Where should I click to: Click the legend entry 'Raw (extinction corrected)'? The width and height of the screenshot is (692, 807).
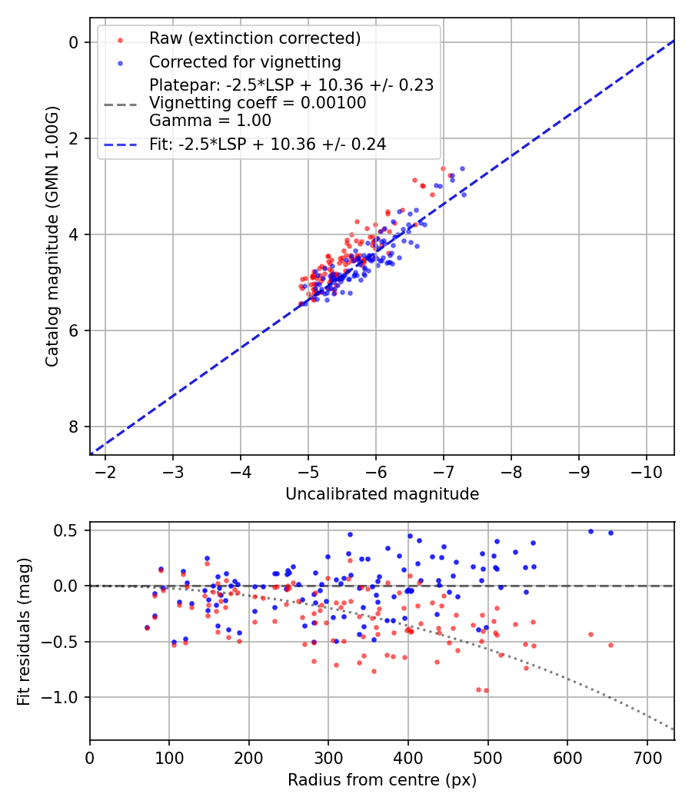coord(255,38)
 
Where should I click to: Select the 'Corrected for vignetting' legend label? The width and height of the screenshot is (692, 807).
coord(245,61)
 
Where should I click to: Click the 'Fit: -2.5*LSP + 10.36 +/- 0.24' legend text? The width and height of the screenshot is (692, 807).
coord(268,144)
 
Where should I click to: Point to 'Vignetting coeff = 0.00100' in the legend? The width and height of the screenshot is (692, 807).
coord(258,102)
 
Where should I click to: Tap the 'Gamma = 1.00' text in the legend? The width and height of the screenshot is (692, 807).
coord(210,120)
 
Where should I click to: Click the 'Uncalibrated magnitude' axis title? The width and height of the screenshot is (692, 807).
coord(382,494)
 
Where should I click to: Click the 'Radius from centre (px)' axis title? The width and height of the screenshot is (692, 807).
coord(382,780)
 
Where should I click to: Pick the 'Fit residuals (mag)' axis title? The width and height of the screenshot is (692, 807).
coord(24,632)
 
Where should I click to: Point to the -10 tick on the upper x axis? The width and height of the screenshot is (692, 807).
coord(647,471)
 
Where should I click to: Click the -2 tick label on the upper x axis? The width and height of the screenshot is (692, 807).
coord(105,471)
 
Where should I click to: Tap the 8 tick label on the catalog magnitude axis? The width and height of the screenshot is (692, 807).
coord(74,427)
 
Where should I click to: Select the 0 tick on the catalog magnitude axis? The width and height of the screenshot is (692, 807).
coord(74,42)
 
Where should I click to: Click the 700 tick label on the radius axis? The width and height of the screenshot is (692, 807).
coord(647,757)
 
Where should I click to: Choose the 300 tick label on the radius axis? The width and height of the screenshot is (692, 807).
coord(328,757)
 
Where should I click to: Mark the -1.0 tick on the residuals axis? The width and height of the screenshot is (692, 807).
coord(65,697)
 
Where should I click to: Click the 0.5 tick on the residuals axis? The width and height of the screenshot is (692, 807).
coord(69,530)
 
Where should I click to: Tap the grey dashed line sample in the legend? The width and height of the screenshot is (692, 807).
coord(121,103)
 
